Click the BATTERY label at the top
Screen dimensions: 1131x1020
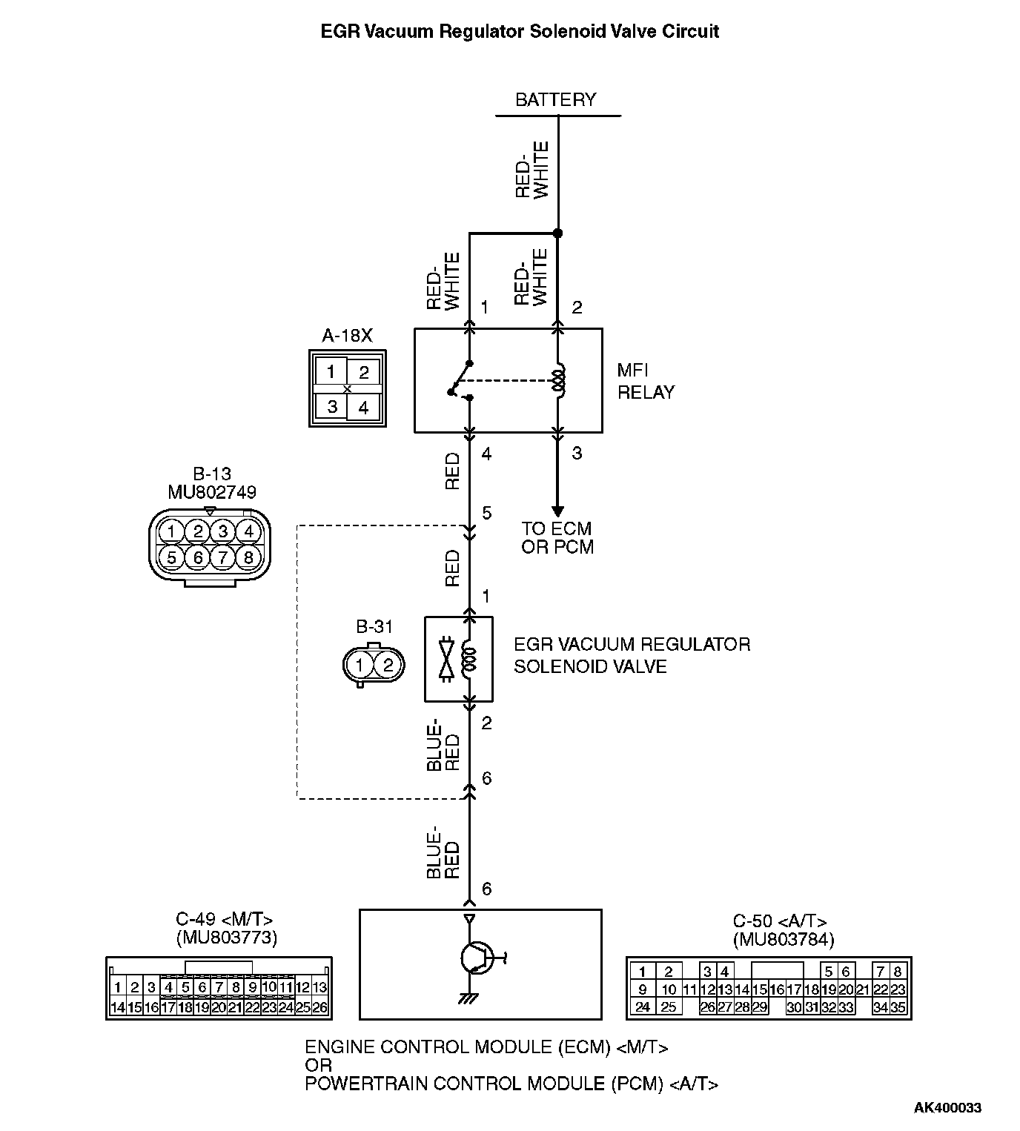pos(555,99)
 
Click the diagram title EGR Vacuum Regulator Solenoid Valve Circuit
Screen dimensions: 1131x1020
pos(520,31)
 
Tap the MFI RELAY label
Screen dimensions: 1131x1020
pos(645,381)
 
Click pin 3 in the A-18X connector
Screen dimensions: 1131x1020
pos(331,406)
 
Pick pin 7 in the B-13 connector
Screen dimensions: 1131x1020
pos(223,557)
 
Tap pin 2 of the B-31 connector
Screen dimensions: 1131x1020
pos(388,665)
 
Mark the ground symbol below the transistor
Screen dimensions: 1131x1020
pos(468,998)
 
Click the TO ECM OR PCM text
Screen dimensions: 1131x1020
pos(557,538)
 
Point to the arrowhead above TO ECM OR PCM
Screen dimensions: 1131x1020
pos(557,511)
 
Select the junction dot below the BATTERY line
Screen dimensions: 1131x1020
pos(558,233)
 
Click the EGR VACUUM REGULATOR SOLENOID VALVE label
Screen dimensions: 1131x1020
pos(632,655)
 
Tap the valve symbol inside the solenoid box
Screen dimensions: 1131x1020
pos(446,657)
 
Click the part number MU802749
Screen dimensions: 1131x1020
pos(212,492)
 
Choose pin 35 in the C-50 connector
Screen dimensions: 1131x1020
pos(898,1007)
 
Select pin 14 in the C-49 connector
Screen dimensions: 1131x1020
pos(117,1007)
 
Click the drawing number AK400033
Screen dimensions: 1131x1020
pos(947,1108)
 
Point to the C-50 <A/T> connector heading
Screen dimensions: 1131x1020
pos(780,921)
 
